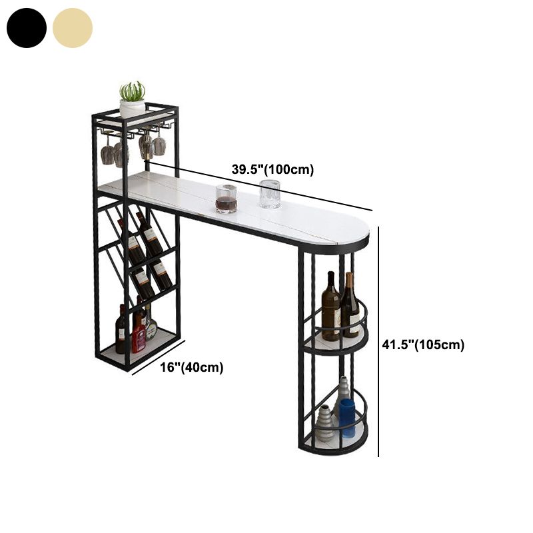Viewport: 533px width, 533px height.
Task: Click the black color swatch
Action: tap(27, 28)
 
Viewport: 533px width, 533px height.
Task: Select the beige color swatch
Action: tap(73, 28)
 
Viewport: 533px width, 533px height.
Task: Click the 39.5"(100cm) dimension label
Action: tap(272, 170)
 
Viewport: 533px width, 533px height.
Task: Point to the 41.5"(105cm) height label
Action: tap(423, 344)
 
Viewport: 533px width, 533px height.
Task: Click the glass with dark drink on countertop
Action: tap(226, 199)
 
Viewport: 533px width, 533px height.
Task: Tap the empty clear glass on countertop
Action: tap(270, 194)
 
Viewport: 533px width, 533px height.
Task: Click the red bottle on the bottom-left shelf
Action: tap(139, 335)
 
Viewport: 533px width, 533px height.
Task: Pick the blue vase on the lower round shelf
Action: tap(347, 418)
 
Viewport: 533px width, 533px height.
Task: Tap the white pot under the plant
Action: tap(132, 109)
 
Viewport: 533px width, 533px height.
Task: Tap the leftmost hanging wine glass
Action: tap(107, 153)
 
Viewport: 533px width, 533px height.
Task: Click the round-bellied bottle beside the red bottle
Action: tap(151, 328)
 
